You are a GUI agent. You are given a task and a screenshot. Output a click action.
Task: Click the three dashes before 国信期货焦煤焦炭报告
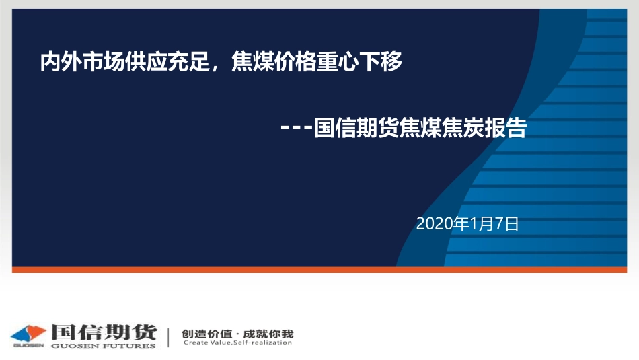(297, 129)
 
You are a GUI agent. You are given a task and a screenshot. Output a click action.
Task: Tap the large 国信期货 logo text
(103, 332)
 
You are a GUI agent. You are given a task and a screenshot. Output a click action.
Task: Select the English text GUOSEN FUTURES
(103, 345)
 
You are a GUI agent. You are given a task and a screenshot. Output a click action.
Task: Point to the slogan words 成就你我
(268, 333)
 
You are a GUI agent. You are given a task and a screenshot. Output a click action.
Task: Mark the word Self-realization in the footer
(263, 343)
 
